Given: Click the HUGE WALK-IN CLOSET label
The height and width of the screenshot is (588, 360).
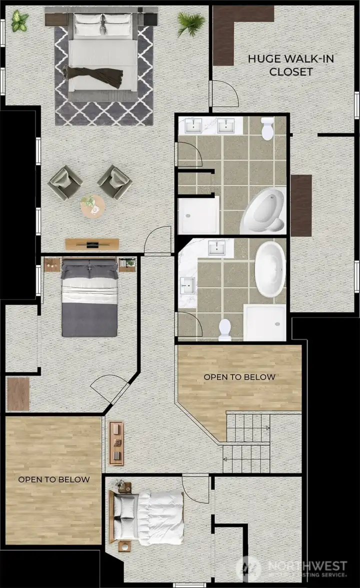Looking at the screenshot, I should coord(283,65).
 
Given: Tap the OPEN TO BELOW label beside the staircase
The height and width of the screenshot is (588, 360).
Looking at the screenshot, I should coord(239,376).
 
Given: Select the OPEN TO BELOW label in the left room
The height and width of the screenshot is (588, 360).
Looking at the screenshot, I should coord(54,479).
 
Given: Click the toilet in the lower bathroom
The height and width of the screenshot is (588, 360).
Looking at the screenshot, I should coord(225,330).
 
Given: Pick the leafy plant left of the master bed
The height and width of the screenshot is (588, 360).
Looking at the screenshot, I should coord(20,21).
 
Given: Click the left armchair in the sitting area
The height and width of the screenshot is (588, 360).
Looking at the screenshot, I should coord(65,182).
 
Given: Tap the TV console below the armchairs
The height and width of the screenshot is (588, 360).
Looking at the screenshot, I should coord(92,244).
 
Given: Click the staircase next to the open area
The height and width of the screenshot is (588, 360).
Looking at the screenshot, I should coord(247,442).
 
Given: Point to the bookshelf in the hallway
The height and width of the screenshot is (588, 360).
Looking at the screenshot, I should coord(116,443).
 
